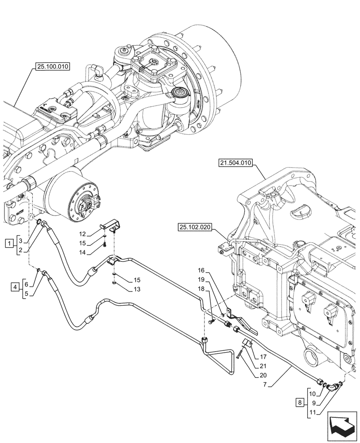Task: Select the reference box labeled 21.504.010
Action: click(x=235, y=163)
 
